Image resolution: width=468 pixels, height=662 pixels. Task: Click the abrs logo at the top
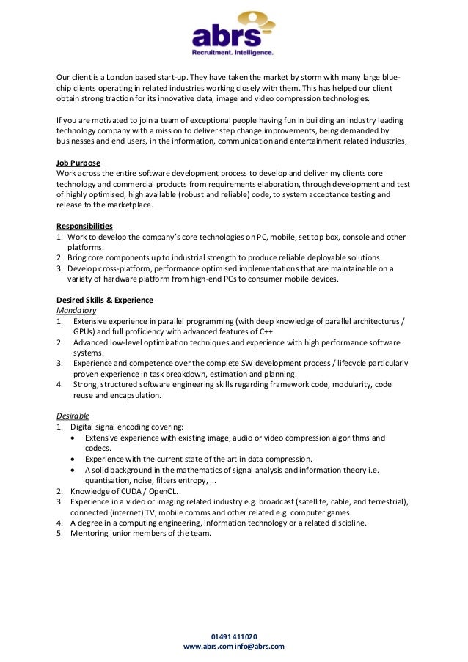(233, 32)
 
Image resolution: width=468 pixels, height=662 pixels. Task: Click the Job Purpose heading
(78, 163)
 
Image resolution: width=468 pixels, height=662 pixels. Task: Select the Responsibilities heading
(84, 226)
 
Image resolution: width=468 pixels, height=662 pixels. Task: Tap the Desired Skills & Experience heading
(105, 300)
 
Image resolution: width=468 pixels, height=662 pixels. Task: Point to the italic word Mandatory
(76, 310)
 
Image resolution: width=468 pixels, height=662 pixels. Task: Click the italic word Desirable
(73, 416)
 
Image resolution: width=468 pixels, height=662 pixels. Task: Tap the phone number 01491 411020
(234, 636)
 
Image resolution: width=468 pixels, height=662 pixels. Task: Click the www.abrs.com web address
(208, 646)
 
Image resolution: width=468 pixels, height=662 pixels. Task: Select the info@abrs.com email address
(260, 646)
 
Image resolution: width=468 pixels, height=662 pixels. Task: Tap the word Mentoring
(89, 533)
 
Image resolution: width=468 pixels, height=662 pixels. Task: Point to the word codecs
(98, 448)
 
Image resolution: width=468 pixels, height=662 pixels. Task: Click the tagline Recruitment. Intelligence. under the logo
(233, 54)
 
